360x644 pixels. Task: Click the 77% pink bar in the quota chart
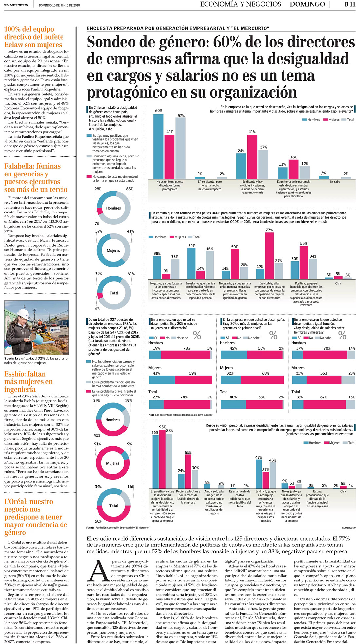(x=269, y=255)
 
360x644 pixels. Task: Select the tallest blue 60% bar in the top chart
(x=158, y=146)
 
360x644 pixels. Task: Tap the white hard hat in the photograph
(x=23, y=313)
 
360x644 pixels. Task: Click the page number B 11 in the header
(x=350, y=4)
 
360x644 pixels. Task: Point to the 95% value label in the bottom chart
(x=162, y=427)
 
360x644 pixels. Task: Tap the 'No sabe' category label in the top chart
(x=335, y=182)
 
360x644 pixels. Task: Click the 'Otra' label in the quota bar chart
(x=338, y=283)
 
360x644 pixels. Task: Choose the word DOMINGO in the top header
(x=307, y=4)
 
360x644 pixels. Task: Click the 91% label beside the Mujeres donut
(x=97, y=444)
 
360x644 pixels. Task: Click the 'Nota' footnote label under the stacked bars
(x=151, y=415)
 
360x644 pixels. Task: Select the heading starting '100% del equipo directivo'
(x=34, y=37)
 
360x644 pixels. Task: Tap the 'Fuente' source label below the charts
(x=90, y=528)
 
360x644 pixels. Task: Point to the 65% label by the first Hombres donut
(x=130, y=189)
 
